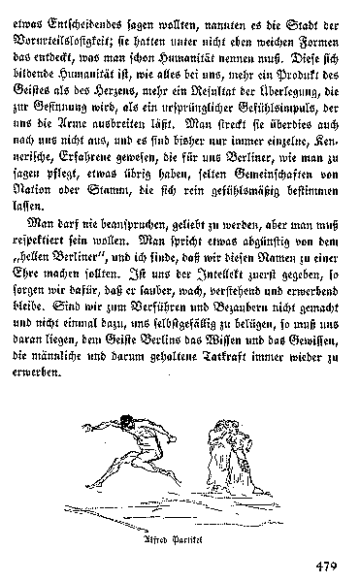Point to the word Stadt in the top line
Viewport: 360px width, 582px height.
[295, 11]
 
